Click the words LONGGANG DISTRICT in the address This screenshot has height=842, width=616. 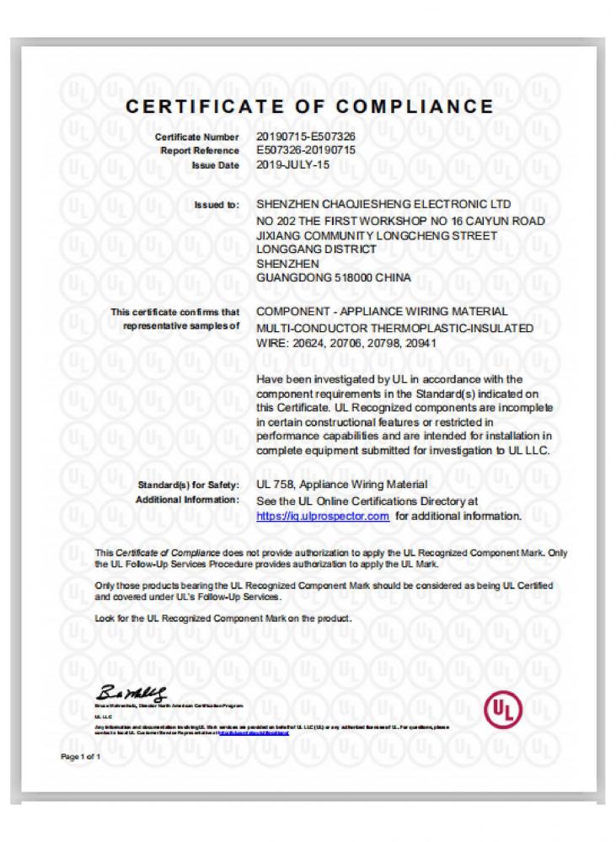tap(315, 249)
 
